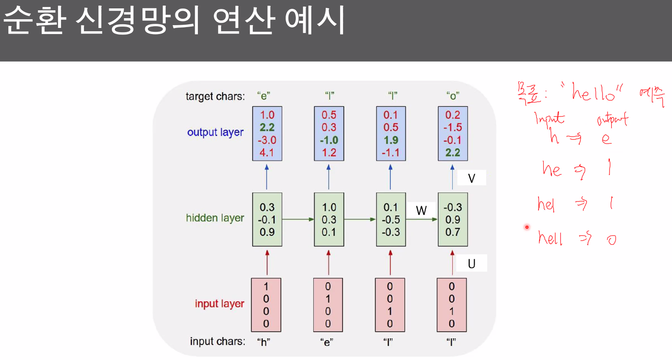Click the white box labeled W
click(x=421, y=210)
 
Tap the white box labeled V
click(x=471, y=178)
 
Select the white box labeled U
click(x=471, y=263)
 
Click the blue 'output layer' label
click(x=215, y=132)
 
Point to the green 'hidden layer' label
click(x=215, y=218)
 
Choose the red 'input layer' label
click(x=219, y=304)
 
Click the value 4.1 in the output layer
click(x=267, y=152)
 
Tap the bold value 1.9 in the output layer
click(x=391, y=139)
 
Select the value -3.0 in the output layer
click(x=267, y=139)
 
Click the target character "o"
click(x=452, y=97)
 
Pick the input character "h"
click(x=264, y=342)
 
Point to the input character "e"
click(x=328, y=342)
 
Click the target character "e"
click(x=264, y=97)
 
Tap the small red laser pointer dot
click(x=527, y=228)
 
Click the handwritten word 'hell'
click(x=551, y=238)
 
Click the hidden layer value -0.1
click(x=267, y=219)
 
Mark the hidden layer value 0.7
click(x=453, y=231)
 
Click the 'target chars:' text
click(x=215, y=97)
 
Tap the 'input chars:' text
click(x=217, y=341)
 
